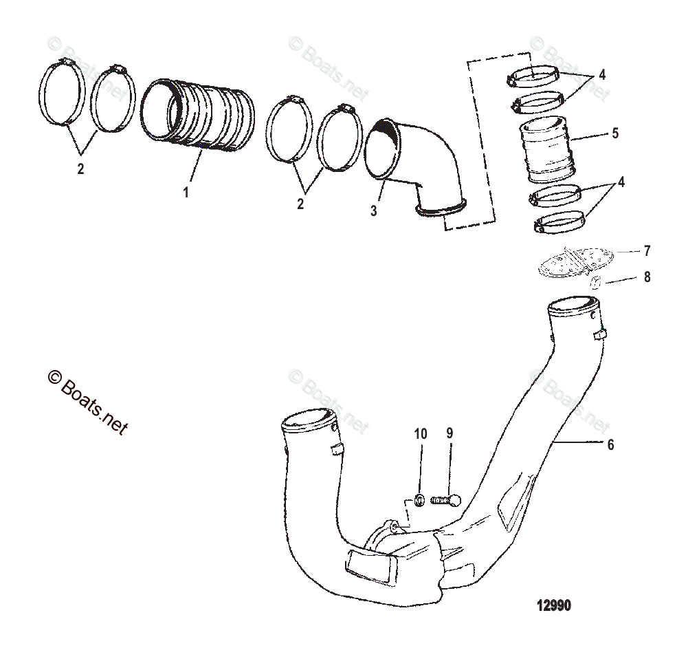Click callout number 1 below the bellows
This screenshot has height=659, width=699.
pos(186,193)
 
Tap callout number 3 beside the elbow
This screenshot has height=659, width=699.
pos(374,210)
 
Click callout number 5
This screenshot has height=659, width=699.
pos(614,133)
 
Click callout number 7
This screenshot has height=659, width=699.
pos(646,251)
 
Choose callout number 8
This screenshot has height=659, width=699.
pos(646,277)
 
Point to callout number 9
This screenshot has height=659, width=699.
pos(450,434)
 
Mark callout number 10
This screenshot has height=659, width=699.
pos(421,434)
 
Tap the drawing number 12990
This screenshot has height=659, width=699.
pos(554,605)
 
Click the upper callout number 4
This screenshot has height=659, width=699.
pos(602,74)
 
